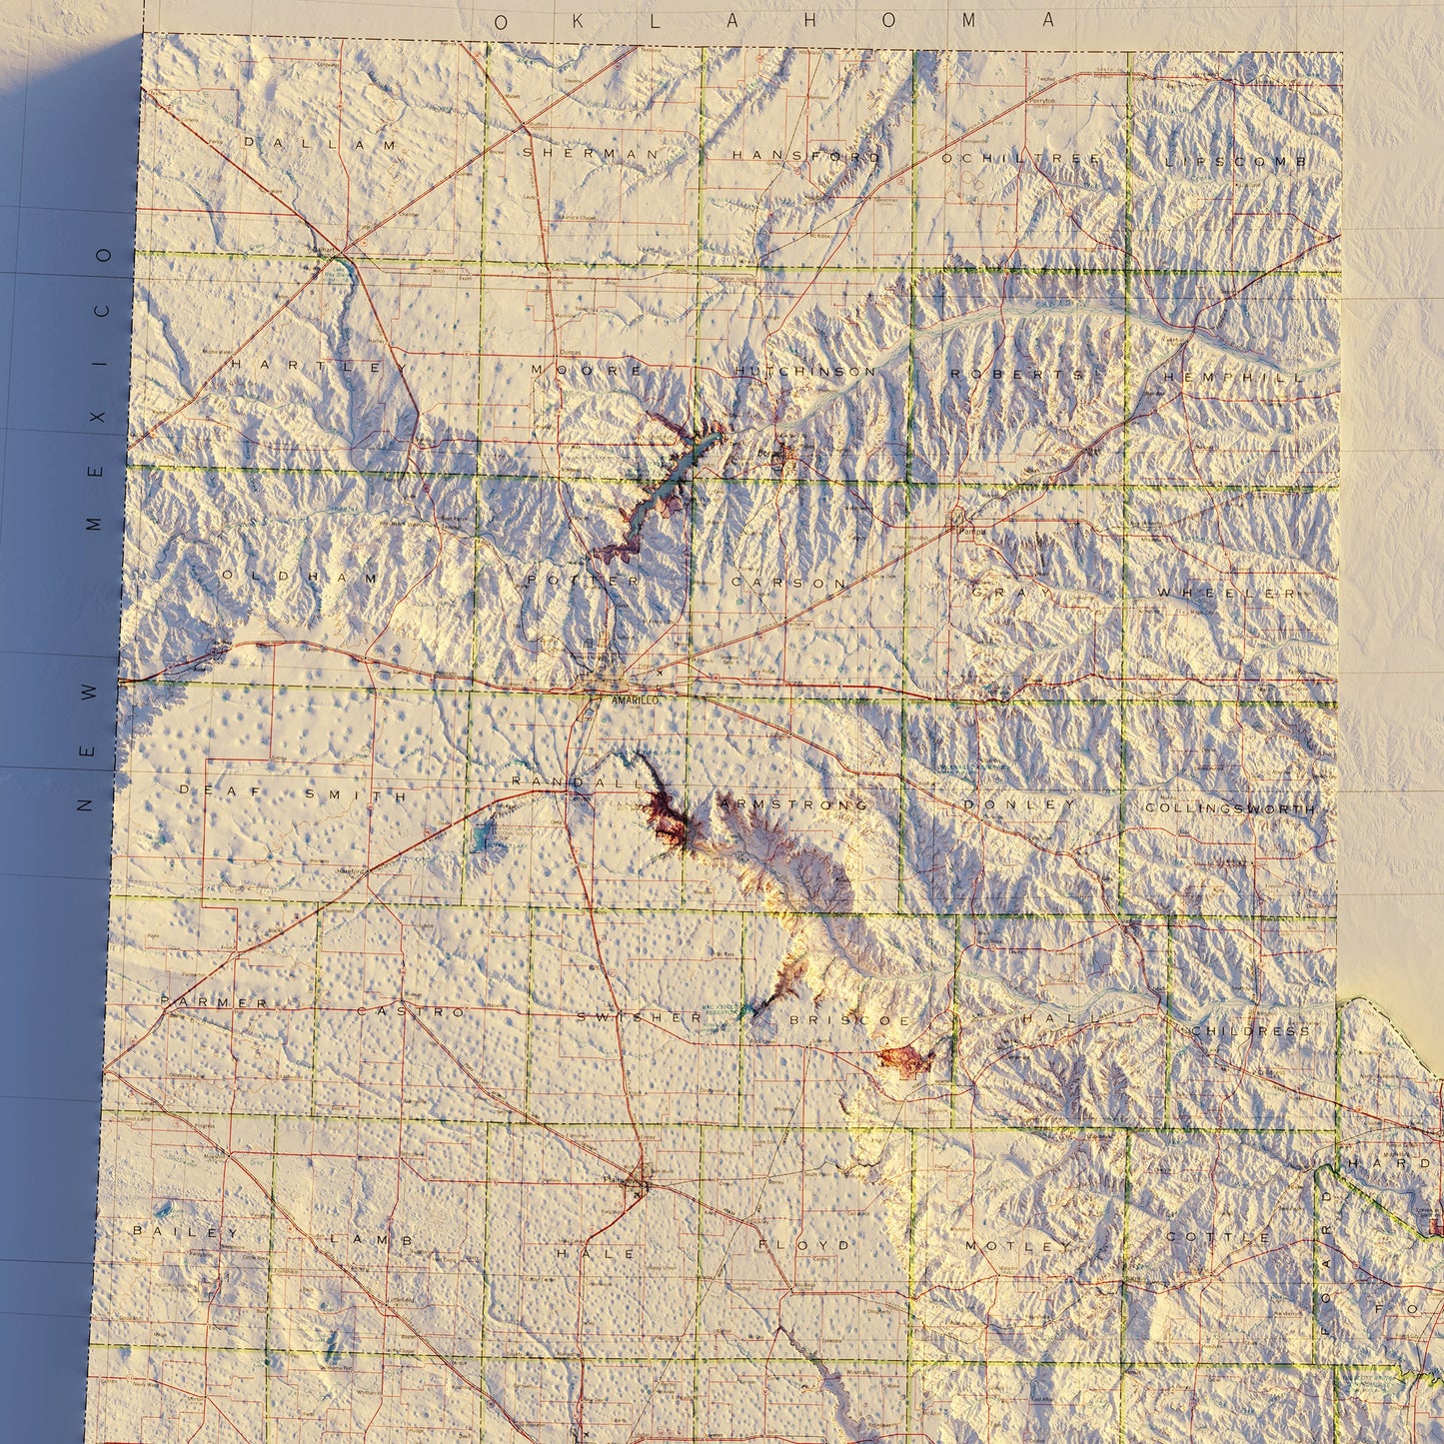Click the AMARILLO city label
pos(635,703)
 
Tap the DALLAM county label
pos(320,144)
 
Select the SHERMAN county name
pos(591,153)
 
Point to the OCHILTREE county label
pos(1019,158)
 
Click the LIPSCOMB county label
pos(1236,161)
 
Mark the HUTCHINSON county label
pos(805,371)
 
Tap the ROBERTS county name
pos(1016,374)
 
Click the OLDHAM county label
pos(300,577)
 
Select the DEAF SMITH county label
pos(293,793)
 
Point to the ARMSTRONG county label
pos(792,803)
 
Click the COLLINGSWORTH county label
pos(1230,807)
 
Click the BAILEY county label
pos(187,1232)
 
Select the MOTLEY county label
pos(1010,1245)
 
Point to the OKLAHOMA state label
pos(775,21)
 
